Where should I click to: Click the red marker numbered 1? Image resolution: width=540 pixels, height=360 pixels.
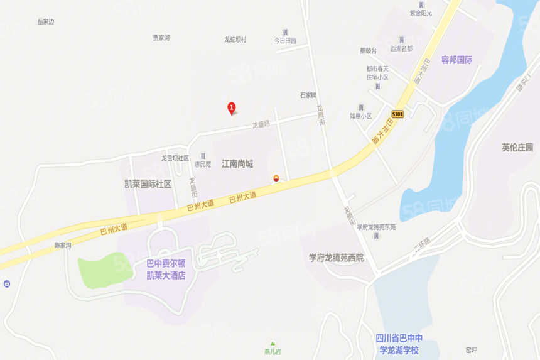231,108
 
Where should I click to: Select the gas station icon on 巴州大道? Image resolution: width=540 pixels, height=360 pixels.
276,178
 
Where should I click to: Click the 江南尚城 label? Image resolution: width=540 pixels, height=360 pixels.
237,163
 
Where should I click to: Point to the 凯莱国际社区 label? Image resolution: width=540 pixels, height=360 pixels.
148,183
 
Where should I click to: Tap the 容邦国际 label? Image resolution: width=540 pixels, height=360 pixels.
456,60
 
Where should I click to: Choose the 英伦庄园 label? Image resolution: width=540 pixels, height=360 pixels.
517,148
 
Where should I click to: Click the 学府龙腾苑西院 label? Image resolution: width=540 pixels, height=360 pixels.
336,258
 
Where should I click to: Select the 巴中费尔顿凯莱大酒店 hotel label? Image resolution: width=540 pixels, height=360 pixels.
166,270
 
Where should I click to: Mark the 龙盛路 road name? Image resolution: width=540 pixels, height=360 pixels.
261,124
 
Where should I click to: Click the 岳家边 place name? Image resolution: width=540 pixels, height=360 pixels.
46,21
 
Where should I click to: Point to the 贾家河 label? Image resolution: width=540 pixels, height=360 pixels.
161,38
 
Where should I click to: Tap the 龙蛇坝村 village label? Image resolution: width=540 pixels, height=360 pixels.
235,40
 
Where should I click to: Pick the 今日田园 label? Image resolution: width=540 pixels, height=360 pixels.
284,40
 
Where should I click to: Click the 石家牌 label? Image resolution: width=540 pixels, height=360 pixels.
308,95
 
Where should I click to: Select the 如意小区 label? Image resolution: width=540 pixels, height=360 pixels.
361,116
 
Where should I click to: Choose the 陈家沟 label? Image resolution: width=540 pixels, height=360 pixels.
63,244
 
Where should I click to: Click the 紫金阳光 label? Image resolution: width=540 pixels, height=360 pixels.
421,13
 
